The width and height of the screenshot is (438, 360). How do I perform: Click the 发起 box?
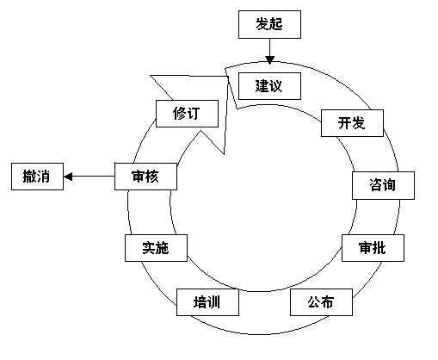coord(269,24)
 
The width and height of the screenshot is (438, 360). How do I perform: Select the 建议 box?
coord(269,86)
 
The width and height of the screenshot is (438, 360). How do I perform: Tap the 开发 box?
coord(352,123)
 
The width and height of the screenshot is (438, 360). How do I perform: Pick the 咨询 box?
coord(383,185)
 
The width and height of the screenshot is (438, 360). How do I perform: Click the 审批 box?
coord(373,248)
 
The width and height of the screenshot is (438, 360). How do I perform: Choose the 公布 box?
coord(321,302)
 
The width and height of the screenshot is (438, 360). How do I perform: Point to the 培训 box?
coord(207,302)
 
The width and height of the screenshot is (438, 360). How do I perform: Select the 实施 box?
coord(156,248)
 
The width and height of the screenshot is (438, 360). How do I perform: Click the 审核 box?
coord(145,177)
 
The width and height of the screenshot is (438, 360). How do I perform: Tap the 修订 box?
coord(187,114)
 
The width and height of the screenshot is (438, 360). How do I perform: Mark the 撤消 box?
coord(37,177)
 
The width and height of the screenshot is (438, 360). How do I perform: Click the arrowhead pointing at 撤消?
coord(68,177)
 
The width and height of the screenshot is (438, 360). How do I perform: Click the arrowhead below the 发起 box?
coord(269,59)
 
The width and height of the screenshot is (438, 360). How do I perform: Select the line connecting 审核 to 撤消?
coord(89,177)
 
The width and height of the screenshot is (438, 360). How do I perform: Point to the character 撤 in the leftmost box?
coord(29,177)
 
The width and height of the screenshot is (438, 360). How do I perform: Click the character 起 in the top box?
coord(276,24)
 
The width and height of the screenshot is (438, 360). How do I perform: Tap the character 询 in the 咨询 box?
coord(390,185)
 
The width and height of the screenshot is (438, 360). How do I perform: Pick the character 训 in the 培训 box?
coord(214,302)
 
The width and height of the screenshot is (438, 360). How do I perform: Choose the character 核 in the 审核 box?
coord(152,177)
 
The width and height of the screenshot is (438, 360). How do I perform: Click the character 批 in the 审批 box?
coord(379,248)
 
